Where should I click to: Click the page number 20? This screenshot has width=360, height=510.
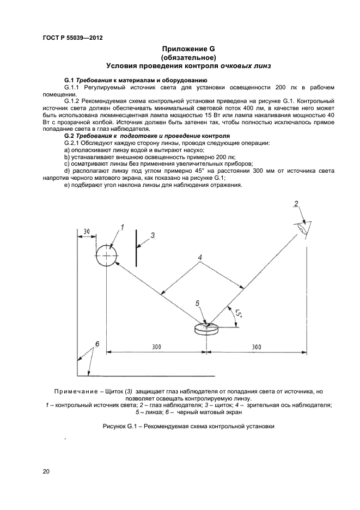46,471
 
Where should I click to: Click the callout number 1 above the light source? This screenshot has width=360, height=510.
123,227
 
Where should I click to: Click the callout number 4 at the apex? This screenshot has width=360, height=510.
200,257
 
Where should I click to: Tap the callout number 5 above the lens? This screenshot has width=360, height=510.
198,302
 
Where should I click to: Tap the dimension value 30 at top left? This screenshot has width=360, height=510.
87,232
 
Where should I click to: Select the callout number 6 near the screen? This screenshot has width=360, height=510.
97,344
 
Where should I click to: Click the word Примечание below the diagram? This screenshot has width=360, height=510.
81,391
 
